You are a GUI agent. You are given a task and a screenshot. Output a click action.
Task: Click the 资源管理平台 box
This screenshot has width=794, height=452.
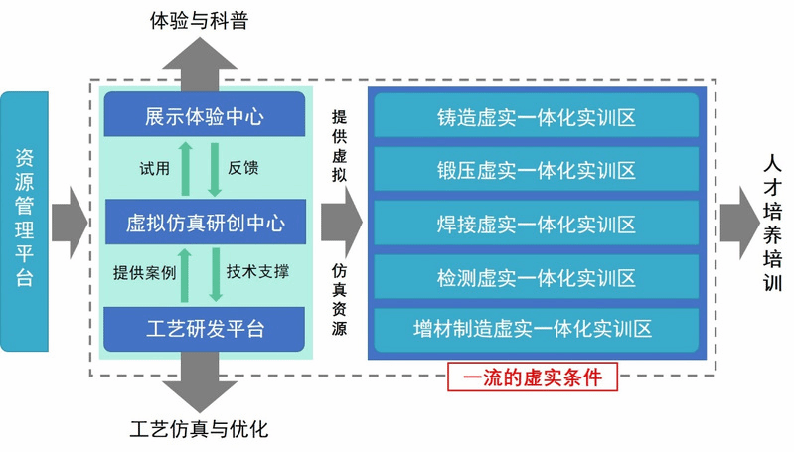(x=25, y=221)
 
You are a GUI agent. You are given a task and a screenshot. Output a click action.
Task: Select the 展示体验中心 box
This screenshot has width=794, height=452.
(x=205, y=116)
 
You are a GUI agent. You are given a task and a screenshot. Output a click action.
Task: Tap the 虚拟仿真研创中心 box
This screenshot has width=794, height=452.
(x=205, y=223)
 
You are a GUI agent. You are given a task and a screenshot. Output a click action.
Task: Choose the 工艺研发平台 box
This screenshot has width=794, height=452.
(x=205, y=328)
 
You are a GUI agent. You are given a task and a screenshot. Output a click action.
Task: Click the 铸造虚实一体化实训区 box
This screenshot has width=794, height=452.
(x=537, y=117)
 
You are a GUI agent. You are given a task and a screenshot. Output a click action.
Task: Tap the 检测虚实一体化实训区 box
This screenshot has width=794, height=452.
(x=537, y=277)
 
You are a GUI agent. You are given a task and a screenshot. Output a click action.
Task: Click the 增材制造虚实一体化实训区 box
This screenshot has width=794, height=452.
(x=537, y=329)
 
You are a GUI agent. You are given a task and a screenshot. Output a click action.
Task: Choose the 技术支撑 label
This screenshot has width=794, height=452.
(x=257, y=271)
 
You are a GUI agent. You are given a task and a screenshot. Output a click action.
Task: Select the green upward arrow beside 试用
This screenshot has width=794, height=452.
(x=186, y=169)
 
